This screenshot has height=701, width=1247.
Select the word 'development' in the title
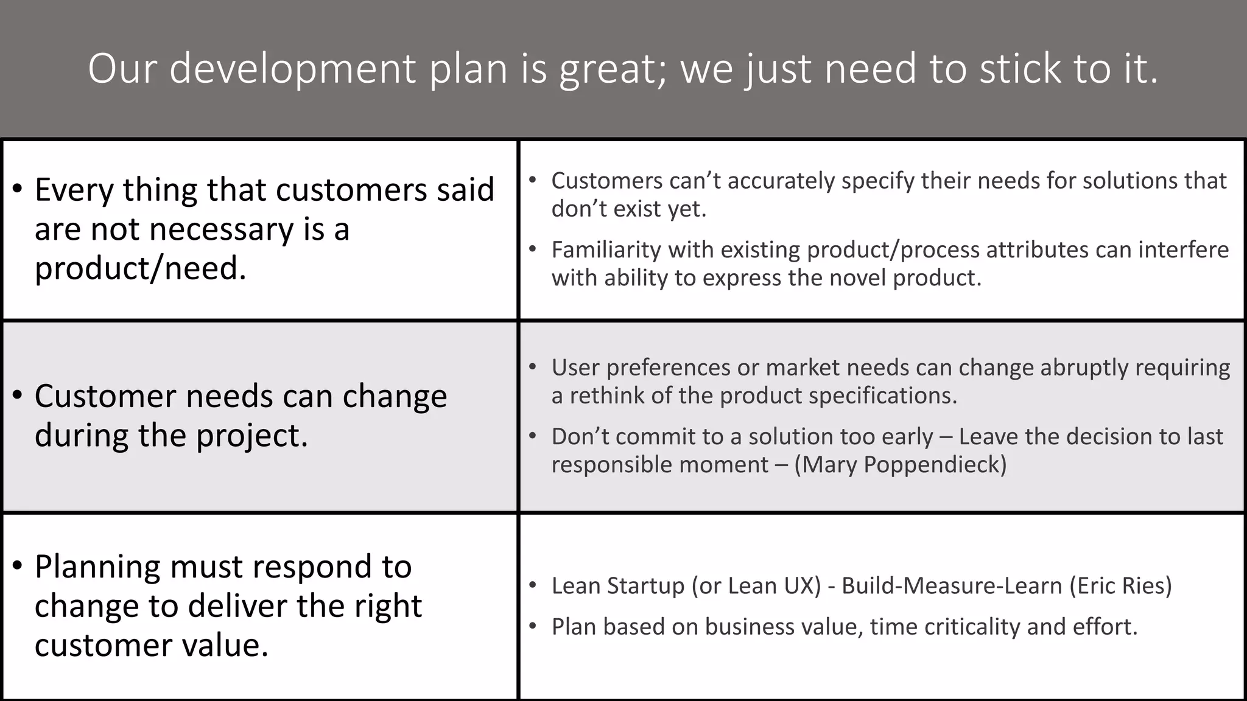click(x=293, y=69)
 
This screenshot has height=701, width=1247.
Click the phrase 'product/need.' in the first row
click(x=141, y=268)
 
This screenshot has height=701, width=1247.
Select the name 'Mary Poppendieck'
click(x=901, y=464)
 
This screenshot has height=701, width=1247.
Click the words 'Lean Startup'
click(x=618, y=585)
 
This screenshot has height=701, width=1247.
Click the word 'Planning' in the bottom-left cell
click(x=98, y=567)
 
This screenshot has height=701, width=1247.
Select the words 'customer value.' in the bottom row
click(x=152, y=645)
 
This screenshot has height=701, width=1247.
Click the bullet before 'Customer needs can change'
click(x=18, y=396)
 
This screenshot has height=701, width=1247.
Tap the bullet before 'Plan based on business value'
click(x=533, y=626)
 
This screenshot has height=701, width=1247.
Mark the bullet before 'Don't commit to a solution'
click(x=533, y=436)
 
